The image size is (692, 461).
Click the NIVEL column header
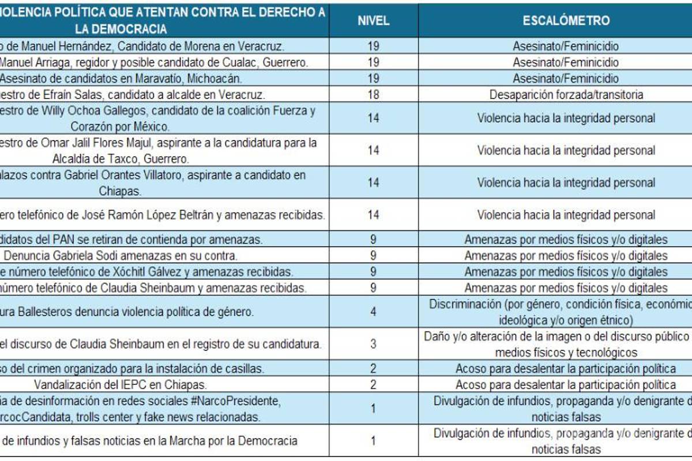pyautogui.click(x=373, y=21)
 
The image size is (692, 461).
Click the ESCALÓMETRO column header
pyautogui.click(x=566, y=21)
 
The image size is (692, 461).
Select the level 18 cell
pyautogui.click(x=373, y=95)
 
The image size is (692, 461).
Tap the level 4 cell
pyautogui.click(x=373, y=312)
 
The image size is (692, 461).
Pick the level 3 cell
pyautogui.click(x=373, y=345)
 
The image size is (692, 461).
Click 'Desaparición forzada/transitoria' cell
pyautogui.click(x=566, y=95)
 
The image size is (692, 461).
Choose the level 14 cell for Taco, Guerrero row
pyautogui.click(x=373, y=150)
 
